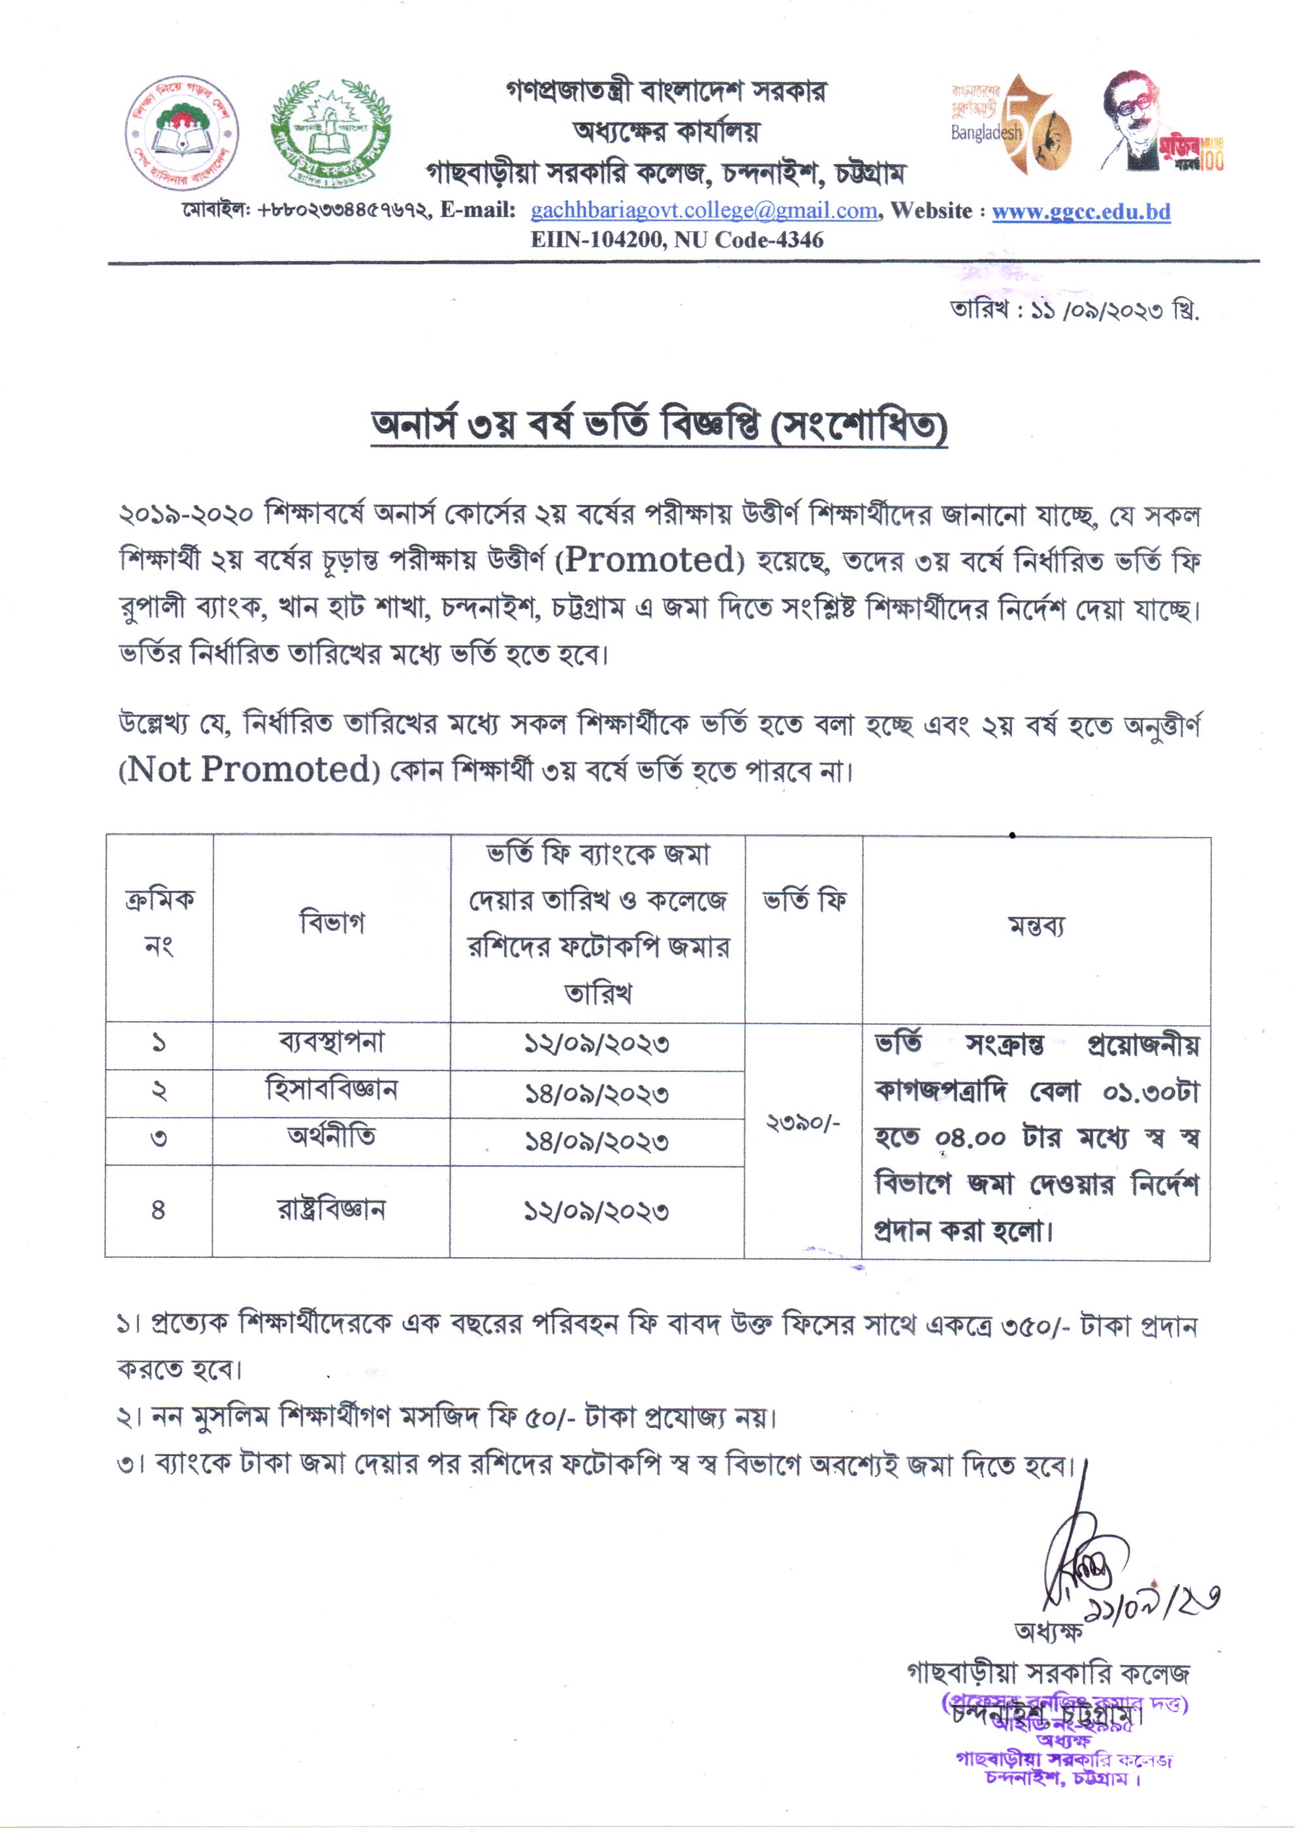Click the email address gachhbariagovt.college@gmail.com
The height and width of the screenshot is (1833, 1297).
pyautogui.click(x=703, y=211)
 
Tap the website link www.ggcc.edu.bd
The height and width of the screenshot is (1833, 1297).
pyautogui.click(x=1081, y=212)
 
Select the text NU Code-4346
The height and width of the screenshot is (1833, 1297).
pyautogui.click(x=749, y=240)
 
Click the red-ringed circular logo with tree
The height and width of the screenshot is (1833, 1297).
pyautogui.click(x=183, y=133)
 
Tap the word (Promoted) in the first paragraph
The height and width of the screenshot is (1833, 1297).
pyautogui.click(x=649, y=561)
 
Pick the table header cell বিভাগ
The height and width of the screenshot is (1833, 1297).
pyautogui.click(x=331, y=923)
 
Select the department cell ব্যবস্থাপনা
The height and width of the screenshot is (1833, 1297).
pyautogui.click(x=331, y=1043)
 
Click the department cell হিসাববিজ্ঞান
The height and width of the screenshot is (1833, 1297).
pyautogui.click(x=331, y=1091)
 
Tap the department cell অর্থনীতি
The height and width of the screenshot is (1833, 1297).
pyautogui.click(x=331, y=1138)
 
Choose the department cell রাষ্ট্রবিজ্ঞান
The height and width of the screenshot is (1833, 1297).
pyautogui.click(x=331, y=1210)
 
